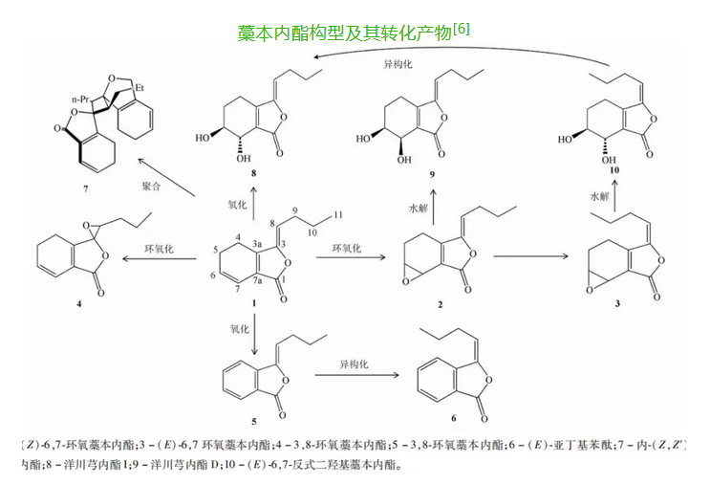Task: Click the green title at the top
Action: coord(353,32)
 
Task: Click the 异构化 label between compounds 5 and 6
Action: coord(355,365)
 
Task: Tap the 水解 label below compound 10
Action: coord(600,196)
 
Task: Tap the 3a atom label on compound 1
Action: coord(262,244)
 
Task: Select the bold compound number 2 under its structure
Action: coord(440,304)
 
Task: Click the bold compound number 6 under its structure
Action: coord(452,418)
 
